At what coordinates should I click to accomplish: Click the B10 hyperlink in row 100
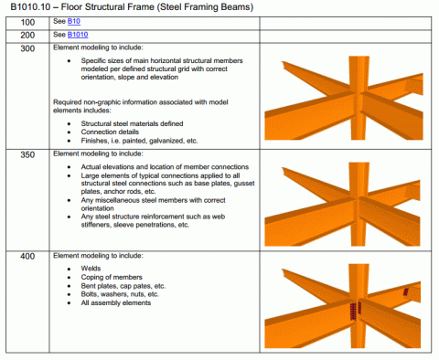point(72,21)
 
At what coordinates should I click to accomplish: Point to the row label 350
point(28,155)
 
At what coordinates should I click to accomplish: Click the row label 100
point(28,21)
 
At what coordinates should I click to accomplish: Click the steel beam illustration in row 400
point(348,306)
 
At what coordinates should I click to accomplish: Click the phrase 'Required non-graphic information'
point(101,101)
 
